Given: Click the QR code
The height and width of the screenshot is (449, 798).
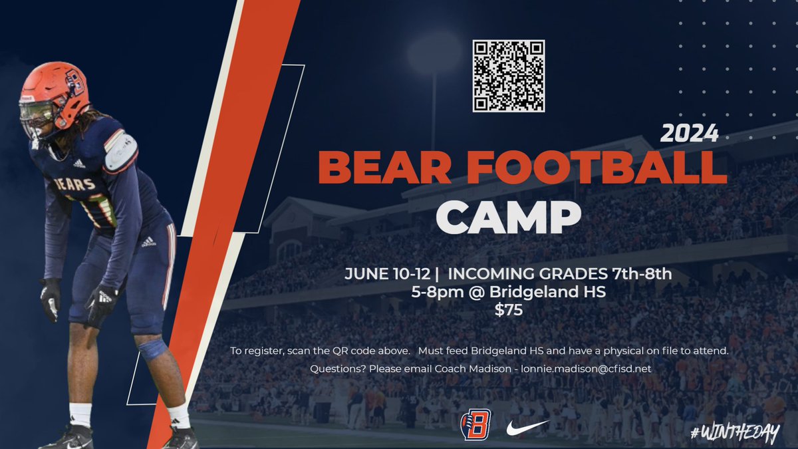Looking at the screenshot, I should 509,76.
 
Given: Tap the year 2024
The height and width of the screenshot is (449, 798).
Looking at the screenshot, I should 689,134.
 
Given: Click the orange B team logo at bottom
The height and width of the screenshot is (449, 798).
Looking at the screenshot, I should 475,424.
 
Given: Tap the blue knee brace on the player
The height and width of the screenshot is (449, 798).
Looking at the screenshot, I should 153,349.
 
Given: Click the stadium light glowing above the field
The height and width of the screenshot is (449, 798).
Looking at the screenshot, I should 433,54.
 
